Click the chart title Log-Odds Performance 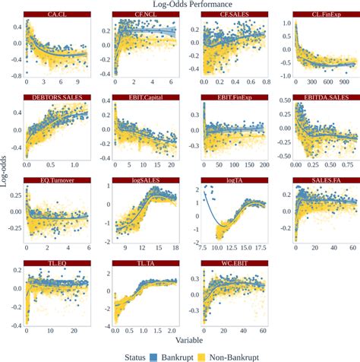tap(180, 5)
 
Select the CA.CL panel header tap(55, 14)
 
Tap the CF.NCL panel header tap(144, 14)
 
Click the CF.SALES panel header tap(234, 14)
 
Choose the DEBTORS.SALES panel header tap(55, 97)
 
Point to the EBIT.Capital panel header tap(144, 97)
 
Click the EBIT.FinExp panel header tap(234, 97)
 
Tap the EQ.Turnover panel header tap(55, 180)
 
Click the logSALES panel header tap(144, 180)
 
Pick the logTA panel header tap(234, 180)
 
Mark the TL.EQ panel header tap(55, 263)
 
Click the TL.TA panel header tap(144, 263)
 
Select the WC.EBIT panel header tap(234, 263)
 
